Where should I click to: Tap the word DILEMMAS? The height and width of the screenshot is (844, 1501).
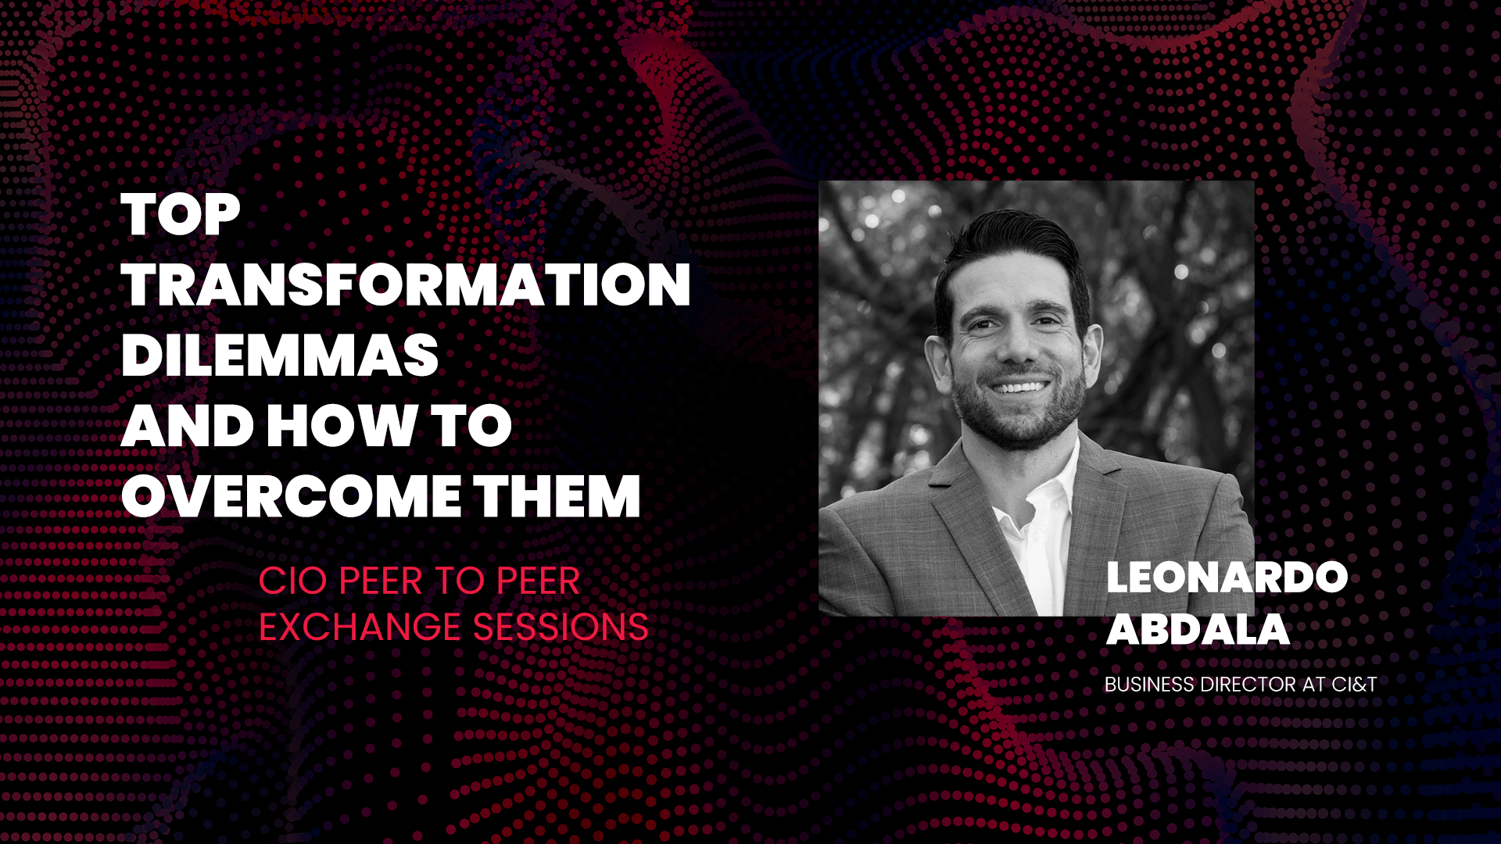coord(280,356)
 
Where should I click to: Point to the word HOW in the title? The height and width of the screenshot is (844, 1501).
coord(341,426)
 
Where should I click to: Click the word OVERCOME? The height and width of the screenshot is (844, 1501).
coord(292,496)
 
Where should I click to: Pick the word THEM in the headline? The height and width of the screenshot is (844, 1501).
coord(557,496)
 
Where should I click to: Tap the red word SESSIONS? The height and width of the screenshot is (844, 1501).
coord(561,627)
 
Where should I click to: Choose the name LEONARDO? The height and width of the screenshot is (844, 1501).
coord(1227,578)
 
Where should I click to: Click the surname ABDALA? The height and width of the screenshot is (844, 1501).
coord(1198,629)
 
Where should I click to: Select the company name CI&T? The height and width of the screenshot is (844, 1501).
coord(1354,685)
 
